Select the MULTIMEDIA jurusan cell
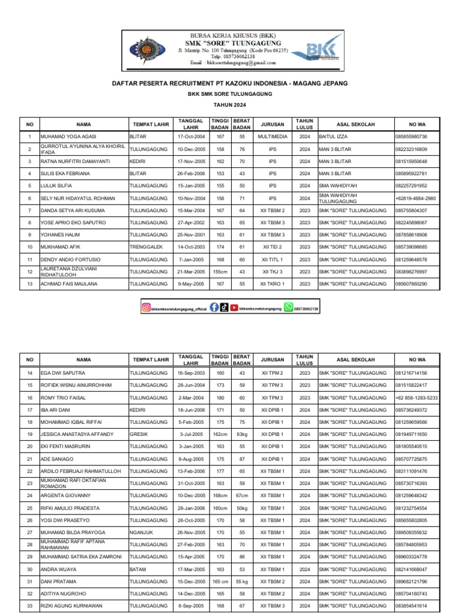(x=273, y=137)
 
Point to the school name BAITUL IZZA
(x=333, y=137)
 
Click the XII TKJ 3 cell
(x=273, y=272)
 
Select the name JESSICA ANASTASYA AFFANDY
(x=76, y=434)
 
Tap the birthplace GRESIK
(x=139, y=434)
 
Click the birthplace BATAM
(x=138, y=569)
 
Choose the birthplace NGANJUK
(x=141, y=532)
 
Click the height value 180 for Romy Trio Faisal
(x=220, y=398)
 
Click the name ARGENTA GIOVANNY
(x=65, y=495)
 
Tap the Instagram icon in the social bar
(x=146, y=308)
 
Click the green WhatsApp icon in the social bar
(x=289, y=308)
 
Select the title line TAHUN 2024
(x=231, y=104)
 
